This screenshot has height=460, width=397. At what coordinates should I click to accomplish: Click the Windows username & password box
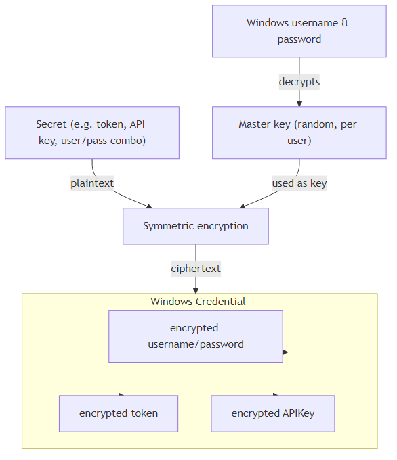pos(299,31)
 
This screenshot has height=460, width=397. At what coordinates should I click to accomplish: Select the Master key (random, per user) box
pos(299,133)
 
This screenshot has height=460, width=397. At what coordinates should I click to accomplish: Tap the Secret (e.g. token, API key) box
pos(92,133)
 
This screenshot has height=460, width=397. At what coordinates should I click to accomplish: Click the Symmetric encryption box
pos(195,226)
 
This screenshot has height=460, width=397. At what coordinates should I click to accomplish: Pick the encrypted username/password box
pos(195,336)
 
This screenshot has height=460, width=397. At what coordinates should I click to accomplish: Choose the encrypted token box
pos(119,413)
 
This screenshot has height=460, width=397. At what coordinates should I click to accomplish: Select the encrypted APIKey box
pos(273,413)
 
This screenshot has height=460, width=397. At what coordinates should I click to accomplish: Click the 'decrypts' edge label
pos(299,82)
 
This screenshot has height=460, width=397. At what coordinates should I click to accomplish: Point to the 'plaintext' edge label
pos(92,183)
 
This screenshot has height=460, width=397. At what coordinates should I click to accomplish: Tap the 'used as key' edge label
pos(299,183)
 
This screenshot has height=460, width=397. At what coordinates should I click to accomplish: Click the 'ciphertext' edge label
pos(195,269)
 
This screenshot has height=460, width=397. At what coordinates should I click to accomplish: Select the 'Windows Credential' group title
pos(198,301)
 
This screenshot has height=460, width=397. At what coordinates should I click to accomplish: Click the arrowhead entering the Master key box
pos(299,103)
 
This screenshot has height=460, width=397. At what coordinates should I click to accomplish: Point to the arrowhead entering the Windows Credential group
pos(195,290)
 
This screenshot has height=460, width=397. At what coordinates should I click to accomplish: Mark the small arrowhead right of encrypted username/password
pos(286,352)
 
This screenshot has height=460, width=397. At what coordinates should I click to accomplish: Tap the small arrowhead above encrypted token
pos(121,394)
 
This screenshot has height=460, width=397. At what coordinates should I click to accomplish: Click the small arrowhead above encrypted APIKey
pos(276,394)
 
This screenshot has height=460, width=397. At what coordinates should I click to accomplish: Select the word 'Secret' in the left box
pos(51,124)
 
